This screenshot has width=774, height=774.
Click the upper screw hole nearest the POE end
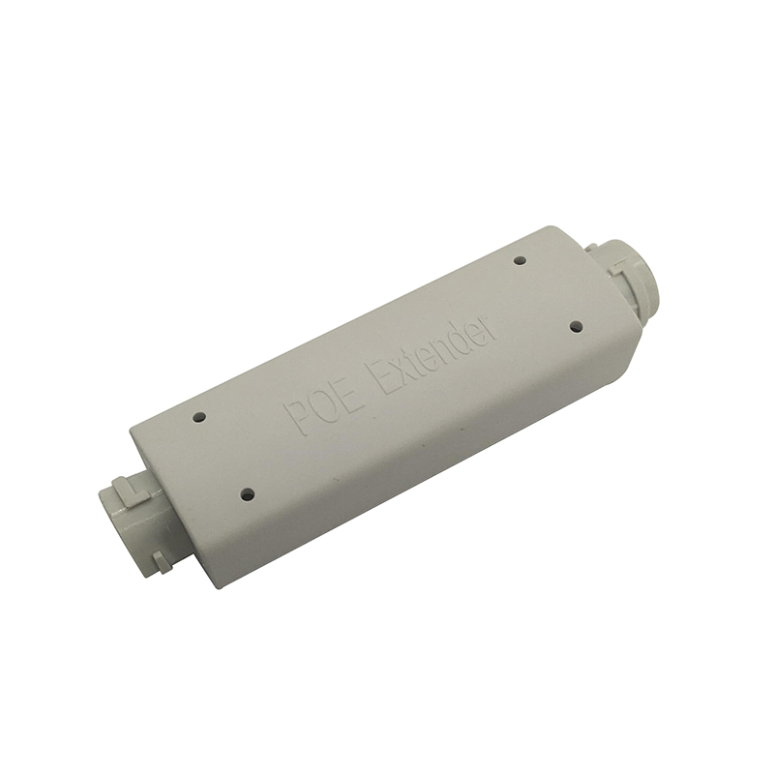(199, 417)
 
